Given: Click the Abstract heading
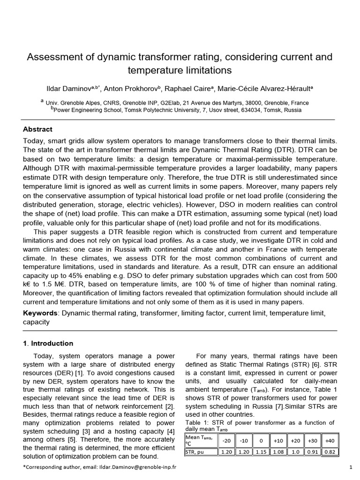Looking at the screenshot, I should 37,129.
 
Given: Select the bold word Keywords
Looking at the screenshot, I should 41,313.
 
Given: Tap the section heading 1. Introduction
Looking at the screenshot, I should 48,343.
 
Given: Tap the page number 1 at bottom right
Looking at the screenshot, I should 351,467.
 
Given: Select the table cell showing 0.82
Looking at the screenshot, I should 330,452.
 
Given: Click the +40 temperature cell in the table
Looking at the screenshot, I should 330,441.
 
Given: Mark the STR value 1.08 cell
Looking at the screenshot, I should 278,452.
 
